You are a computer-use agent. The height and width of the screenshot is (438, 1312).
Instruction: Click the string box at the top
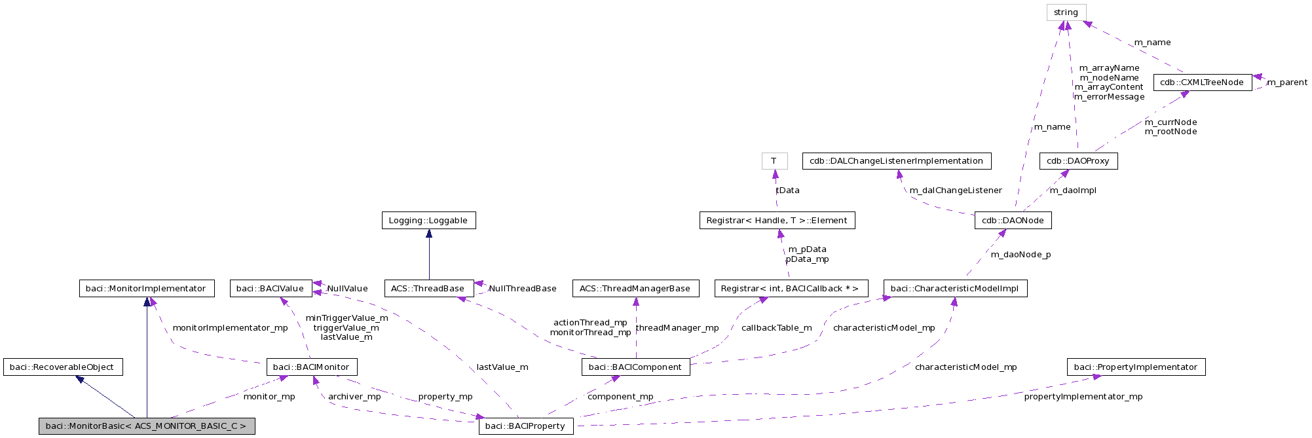(x=1066, y=12)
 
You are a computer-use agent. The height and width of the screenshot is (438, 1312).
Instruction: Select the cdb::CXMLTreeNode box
(x=1201, y=82)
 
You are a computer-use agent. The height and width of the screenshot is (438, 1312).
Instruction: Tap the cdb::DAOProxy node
(x=1078, y=161)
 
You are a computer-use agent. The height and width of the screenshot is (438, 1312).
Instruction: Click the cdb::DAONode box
(x=1012, y=221)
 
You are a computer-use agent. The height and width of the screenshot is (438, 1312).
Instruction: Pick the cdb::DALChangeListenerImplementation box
(x=895, y=161)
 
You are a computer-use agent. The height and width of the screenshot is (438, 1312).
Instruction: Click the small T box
(x=774, y=161)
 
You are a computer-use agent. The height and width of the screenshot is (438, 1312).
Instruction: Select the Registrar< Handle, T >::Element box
(x=776, y=221)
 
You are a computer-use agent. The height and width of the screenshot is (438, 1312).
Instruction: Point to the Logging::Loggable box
(x=428, y=221)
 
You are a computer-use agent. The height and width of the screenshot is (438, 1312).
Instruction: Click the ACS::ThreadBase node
(x=428, y=289)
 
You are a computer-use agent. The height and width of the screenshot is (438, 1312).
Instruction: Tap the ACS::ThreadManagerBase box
(x=635, y=289)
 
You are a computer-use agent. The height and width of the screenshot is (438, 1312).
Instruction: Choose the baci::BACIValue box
(x=270, y=289)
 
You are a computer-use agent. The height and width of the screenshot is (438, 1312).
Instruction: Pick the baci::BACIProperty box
(x=525, y=426)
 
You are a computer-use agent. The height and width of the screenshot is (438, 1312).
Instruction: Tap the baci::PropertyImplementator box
(x=1135, y=367)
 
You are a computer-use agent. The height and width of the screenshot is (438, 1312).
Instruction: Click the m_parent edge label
(x=1286, y=82)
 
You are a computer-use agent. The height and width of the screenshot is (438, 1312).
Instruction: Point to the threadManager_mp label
(x=677, y=328)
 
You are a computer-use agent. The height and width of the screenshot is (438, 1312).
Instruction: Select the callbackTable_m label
(x=776, y=328)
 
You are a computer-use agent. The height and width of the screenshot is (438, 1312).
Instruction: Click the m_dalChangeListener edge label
(x=955, y=191)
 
